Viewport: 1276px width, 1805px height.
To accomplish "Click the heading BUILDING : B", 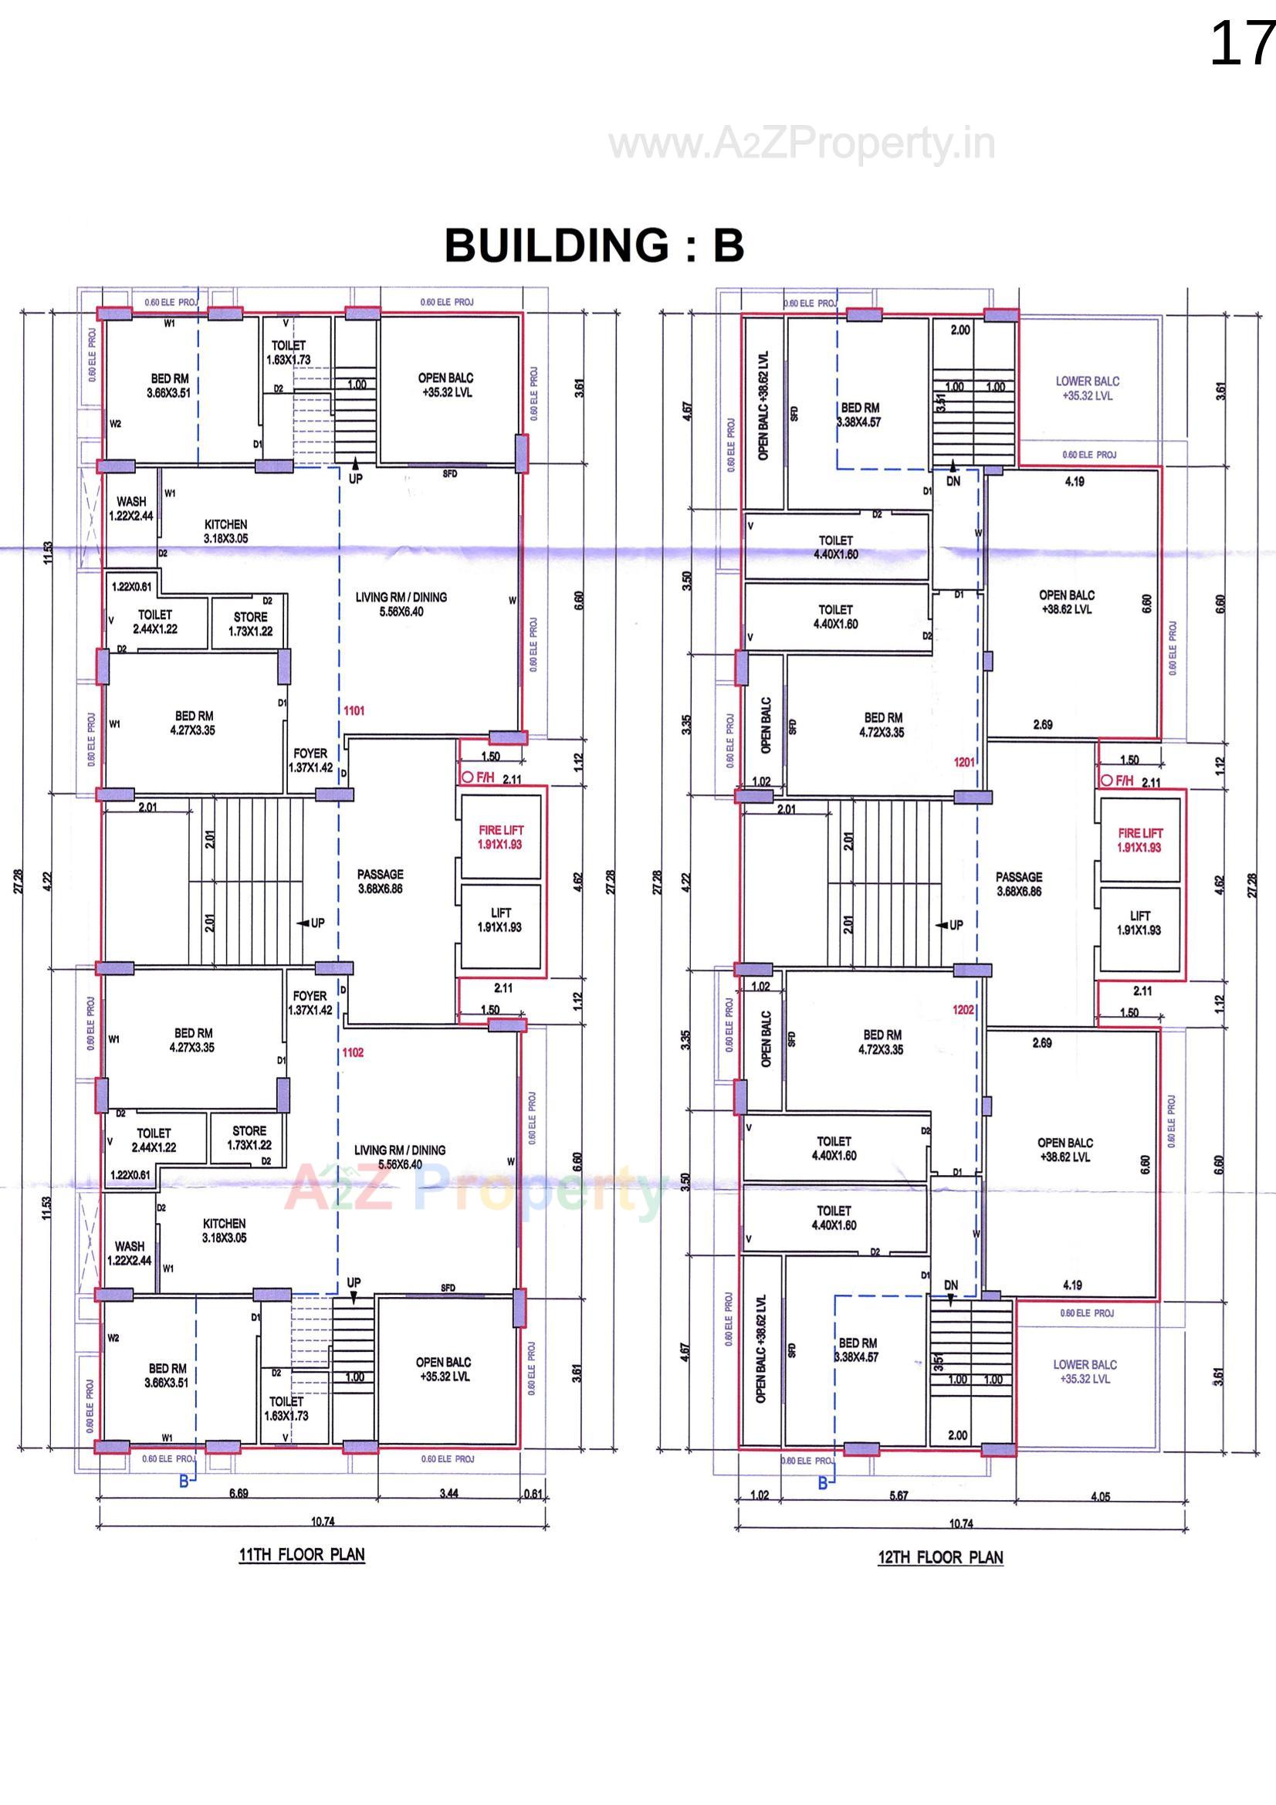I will click(x=594, y=246).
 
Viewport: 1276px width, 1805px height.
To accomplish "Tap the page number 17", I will click(x=1240, y=44).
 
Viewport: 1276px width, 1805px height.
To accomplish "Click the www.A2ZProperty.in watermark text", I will click(x=802, y=144).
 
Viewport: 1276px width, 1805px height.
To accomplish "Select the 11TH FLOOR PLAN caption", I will click(x=302, y=1554).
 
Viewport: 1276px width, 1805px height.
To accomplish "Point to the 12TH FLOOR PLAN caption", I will click(x=940, y=1557).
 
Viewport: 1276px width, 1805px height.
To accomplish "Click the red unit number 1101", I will click(x=354, y=711).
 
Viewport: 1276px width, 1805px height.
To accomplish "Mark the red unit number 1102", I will click(x=353, y=1052).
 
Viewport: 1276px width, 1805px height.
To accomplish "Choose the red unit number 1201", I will click(x=964, y=762).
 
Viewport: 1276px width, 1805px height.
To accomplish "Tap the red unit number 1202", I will click(x=963, y=1009).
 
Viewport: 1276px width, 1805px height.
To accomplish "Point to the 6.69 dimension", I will click(x=239, y=1493).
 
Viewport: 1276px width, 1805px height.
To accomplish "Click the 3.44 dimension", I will click(x=448, y=1493).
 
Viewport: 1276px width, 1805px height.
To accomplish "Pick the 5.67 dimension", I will click(x=899, y=1495).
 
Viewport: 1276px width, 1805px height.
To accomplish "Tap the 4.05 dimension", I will click(x=1100, y=1496).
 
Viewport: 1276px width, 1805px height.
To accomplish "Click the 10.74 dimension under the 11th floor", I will click(x=323, y=1521).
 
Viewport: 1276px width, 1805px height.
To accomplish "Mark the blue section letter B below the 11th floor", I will click(x=184, y=1481).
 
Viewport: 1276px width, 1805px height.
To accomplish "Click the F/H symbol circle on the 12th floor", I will click(x=1106, y=781).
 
